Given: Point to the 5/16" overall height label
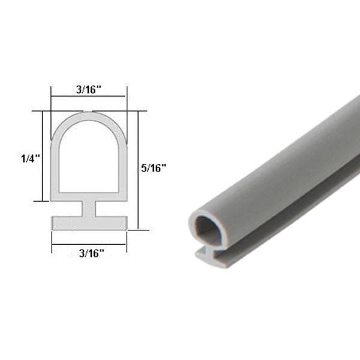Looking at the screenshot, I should point(154,169).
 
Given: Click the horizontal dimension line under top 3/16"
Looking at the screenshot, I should point(88,97).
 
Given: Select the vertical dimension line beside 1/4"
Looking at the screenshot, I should point(42,156).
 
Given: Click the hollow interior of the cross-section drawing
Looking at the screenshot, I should point(88,159).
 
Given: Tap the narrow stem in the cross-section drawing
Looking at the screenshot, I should point(88,209).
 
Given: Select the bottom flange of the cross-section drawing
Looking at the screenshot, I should point(88,223).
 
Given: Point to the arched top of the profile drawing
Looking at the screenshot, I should point(88,116).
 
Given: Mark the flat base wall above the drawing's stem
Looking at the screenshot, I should point(88,196).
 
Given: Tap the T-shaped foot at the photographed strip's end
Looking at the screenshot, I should point(207,257).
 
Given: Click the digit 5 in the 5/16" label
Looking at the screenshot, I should point(145,169).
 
